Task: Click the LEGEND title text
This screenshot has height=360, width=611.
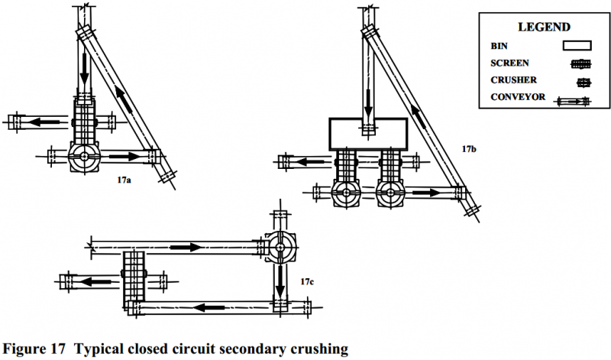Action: (x=539, y=28)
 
